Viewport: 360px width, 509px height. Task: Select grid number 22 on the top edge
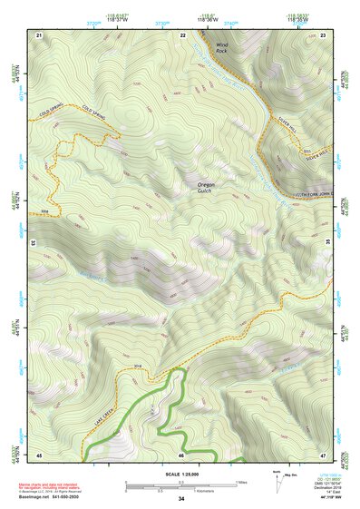point(182,34)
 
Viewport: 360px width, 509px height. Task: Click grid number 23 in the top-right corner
point(324,34)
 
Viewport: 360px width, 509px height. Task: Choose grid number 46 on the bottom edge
point(181,454)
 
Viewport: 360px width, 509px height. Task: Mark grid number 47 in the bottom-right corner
point(324,454)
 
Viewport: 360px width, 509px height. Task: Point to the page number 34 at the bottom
point(181,499)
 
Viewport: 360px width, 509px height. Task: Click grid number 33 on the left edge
point(34,244)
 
